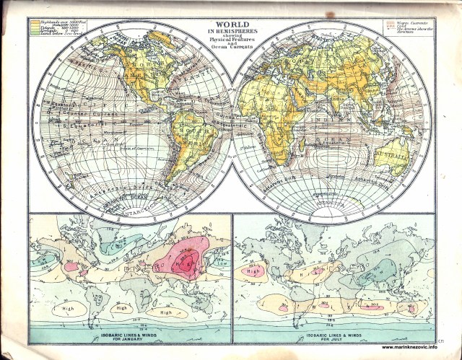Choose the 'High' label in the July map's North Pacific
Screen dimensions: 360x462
tap(255, 272)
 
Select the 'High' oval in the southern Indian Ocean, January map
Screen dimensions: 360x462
tap(167, 312)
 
